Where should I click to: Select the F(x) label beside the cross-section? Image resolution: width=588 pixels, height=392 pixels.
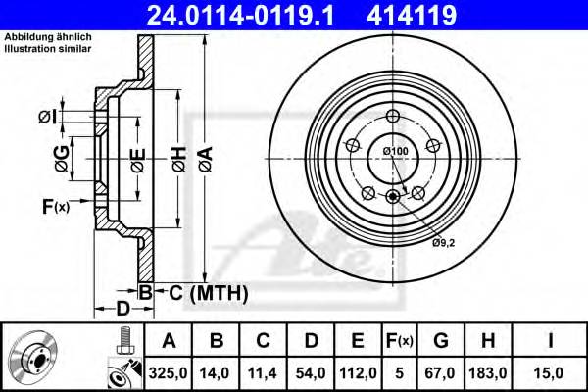pyautogui.click(x=56, y=206)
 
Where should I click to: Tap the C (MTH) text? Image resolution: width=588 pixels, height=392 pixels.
pyautogui.click(x=203, y=292)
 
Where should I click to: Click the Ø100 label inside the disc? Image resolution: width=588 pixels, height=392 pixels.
pyautogui.click(x=395, y=150)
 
